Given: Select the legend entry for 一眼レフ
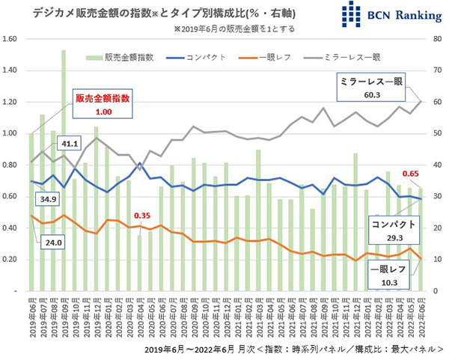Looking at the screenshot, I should (265, 57).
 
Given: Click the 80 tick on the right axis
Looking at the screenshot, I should (436, 39).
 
